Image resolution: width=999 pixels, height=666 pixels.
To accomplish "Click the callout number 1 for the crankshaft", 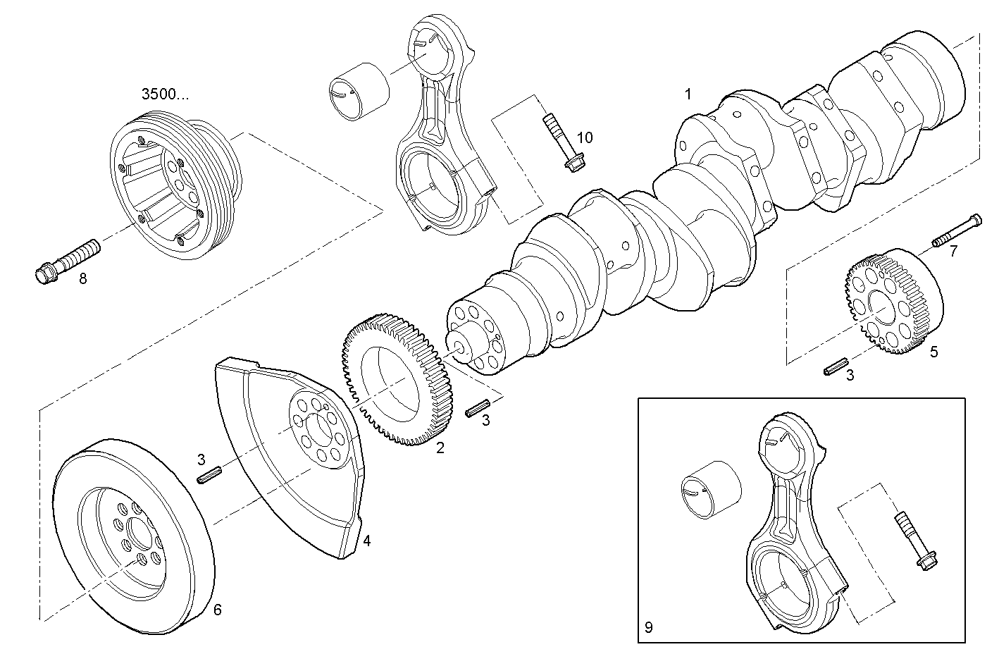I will pos(688,94).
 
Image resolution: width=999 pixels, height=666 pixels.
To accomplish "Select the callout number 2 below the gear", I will pos(440,448).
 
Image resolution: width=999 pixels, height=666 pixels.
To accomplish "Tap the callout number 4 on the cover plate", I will pos(366,541).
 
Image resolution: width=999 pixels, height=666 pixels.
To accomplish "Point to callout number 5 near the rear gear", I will pos(933,352).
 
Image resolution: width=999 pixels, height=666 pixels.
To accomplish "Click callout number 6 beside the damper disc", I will pos(217,610).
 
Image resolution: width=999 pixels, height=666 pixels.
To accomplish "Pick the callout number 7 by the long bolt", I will pos(953,251).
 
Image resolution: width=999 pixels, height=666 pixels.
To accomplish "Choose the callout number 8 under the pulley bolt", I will pos(83,278).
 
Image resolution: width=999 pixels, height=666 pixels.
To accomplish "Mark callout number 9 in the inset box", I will pos(648,626).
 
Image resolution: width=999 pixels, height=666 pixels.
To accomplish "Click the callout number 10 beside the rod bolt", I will pos(584,137).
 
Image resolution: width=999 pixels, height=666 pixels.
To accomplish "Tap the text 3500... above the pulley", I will pos(165,95).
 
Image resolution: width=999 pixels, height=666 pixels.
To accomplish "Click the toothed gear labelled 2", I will pos(396,384).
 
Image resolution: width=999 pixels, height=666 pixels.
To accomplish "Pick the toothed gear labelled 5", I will pos(891,300).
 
